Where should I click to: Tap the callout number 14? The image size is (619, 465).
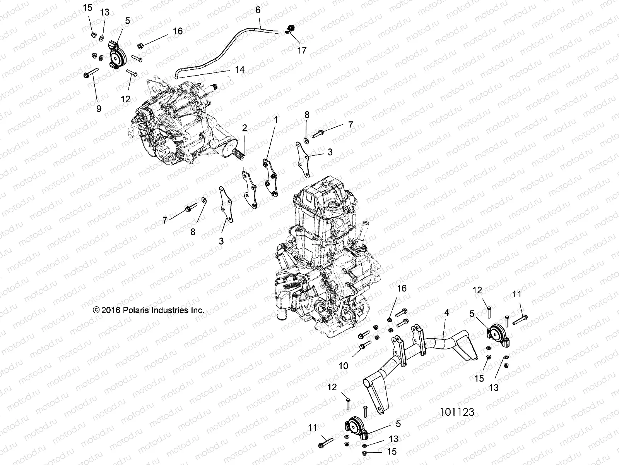coord(240,70)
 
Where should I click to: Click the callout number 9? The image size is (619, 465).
coord(99,109)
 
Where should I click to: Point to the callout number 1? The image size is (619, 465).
coord(276,121)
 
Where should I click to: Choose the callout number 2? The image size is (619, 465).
coord(245,128)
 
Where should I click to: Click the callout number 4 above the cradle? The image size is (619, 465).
coord(446,313)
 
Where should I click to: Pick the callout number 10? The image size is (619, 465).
coord(344,365)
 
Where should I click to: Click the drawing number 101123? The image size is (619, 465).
coord(457,412)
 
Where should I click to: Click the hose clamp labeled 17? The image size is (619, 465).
coord(289,29)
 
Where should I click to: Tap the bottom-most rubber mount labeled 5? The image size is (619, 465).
coord(354,429)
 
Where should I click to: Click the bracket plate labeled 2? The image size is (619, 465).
coord(250,190)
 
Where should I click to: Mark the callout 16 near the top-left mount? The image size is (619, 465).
coord(178,31)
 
